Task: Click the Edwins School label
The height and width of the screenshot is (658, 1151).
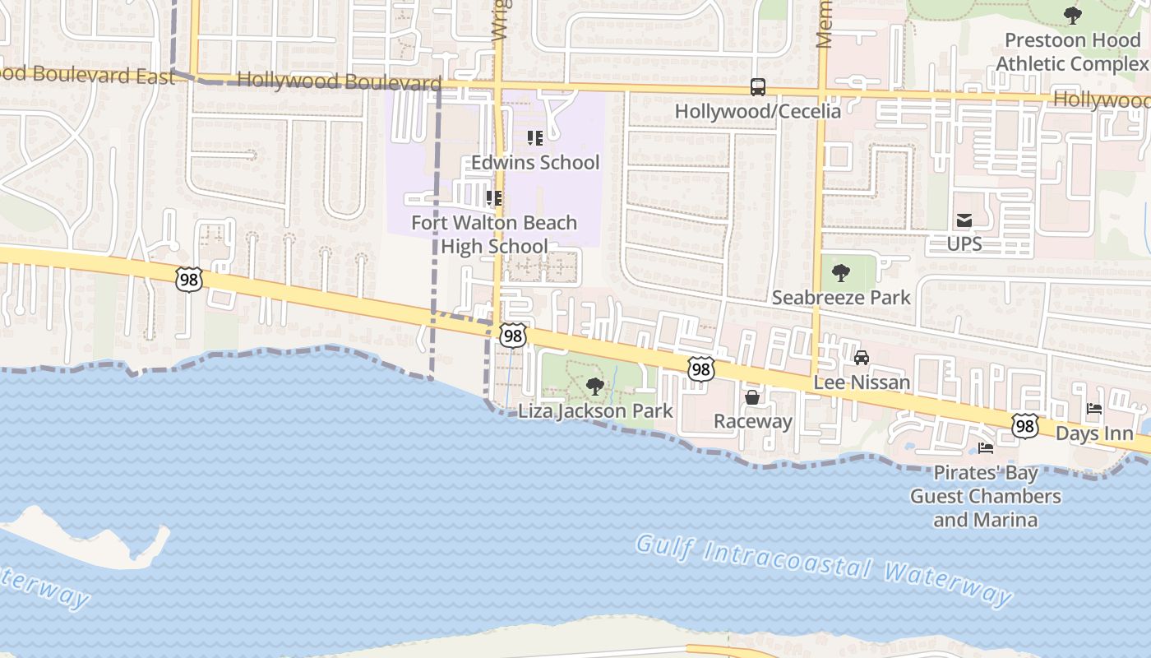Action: click(x=534, y=162)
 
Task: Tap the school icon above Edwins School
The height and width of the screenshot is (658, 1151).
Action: click(x=534, y=138)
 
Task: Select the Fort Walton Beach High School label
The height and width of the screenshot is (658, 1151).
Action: click(x=494, y=234)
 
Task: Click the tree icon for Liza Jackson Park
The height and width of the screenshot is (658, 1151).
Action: click(x=594, y=387)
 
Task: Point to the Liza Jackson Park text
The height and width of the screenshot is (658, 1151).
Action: click(x=595, y=411)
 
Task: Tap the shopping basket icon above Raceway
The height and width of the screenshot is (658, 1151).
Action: click(x=751, y=398)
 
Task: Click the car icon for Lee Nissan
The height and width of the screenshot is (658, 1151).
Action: click(x=862, y=358)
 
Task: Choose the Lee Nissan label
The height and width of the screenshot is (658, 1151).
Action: click(x=862, y=382)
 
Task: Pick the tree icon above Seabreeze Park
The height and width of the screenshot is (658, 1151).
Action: click(x=840, y=273)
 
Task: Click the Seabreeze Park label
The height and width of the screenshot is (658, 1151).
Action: click(x=840, y=298)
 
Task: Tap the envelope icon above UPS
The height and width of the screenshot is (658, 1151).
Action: click(x=964, y=220)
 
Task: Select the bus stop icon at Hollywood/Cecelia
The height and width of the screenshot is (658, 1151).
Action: click(x=757, y=87)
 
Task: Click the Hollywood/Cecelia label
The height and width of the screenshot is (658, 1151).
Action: click(x=757, y=111)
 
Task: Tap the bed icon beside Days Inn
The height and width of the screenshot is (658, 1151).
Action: click(x=1094, y=409)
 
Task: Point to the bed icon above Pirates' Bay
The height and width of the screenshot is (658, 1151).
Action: click(x=985, y=448)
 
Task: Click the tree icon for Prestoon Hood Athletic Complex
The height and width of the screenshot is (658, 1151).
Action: click(x=1072, y=15)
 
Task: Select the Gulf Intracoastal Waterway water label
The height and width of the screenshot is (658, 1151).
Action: click(x=824, y=568)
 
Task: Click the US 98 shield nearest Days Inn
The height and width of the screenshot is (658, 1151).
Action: click(x=1024, y=425)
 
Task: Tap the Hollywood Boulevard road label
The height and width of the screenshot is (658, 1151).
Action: click(x=339, y=81)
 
